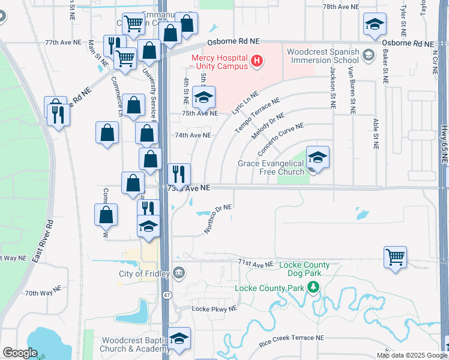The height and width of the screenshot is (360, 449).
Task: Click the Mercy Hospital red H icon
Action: (x=258, y=60)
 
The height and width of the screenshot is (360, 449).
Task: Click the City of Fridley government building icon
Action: (x=178, y=274)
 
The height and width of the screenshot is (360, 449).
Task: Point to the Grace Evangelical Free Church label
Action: (x=271, y=167)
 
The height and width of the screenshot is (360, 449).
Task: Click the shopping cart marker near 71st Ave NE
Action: (x=396, y=257)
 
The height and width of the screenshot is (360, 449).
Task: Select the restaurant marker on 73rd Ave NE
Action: (x=179, y=174)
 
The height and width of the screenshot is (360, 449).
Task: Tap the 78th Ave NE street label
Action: (x=340, y=6)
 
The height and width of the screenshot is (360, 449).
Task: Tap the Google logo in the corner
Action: (x=20, y=353)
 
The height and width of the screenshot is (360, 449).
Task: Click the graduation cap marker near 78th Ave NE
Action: (x=375, y=24)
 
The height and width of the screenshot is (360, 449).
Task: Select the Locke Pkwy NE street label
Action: (x=214, y=308)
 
